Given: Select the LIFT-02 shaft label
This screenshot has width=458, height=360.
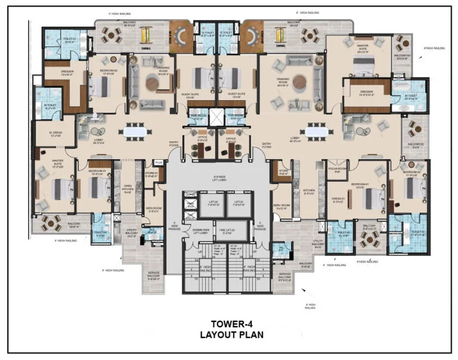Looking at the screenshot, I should click(x=212, y=204).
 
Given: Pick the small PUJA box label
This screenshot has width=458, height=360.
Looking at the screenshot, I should click(x=159, y=162).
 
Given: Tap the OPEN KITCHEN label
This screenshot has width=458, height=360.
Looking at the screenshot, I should click(x=128, y=188).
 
